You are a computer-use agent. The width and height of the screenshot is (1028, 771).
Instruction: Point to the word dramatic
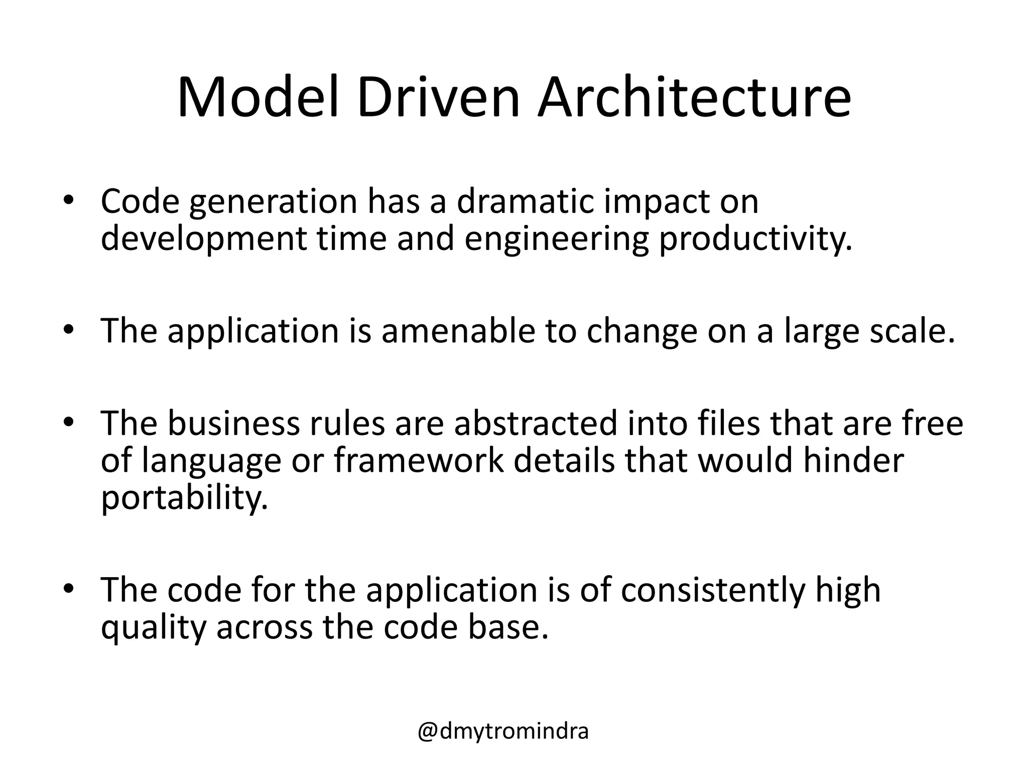pyautogui.click(x=525, y=201)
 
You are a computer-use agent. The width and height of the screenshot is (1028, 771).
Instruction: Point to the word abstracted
pyautogui.click(x=536, y=423)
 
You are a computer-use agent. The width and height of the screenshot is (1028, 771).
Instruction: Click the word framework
pyautogui.click(x=419, y=460)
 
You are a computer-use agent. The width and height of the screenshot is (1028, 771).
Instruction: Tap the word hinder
pyautogui.click(x=853, y=460)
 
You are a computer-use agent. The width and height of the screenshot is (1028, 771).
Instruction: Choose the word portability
pyautogui.click(x=184, y=498)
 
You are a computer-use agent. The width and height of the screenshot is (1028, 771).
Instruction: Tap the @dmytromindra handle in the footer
pyautogui.click(x=503, y=732)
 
